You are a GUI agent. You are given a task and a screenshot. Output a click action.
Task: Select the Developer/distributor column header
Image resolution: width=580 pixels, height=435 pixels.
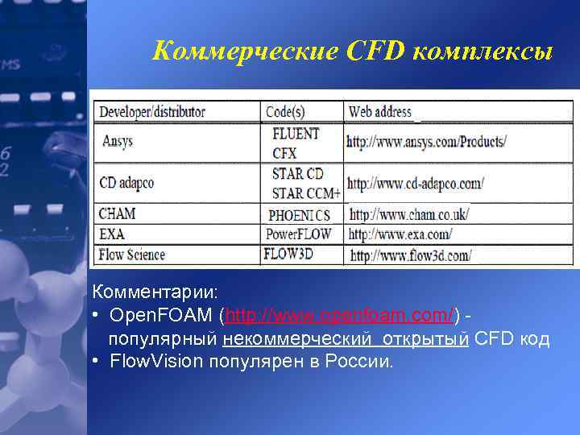[x=152, y=112]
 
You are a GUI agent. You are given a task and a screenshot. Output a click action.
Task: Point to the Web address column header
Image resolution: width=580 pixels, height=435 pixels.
[x=379, y=112]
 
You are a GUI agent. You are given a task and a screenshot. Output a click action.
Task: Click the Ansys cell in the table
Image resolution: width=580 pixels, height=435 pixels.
[x=118, y=141]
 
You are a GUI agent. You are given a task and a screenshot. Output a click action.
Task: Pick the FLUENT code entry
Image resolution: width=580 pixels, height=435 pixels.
[x=296, y=134]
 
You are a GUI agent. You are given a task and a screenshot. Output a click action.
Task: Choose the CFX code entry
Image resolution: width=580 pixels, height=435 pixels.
[x=284, y=152]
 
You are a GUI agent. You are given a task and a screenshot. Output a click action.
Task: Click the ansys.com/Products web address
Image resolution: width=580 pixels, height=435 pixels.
[x=426, y=142]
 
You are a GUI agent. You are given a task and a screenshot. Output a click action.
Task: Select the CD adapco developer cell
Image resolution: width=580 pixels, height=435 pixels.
[x=126, y=183]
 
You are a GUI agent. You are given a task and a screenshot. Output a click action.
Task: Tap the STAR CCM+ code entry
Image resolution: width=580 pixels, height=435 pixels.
[x=306, y=193]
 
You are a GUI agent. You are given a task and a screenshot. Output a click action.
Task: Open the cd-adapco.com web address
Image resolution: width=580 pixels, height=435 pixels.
[x=415, y=183]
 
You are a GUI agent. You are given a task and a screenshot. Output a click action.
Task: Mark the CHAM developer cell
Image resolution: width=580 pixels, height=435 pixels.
[x=117, y=214]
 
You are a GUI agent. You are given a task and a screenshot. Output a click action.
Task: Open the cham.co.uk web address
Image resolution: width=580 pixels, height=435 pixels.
[x=408, y=215]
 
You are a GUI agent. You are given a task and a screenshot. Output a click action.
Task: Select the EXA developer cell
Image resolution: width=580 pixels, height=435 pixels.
[x=111, y=234]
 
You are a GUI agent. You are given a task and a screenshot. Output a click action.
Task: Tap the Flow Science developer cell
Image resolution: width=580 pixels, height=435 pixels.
[x=131, y=255]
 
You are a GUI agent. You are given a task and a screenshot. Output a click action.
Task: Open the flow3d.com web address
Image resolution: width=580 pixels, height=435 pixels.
[x=410, y=255]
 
